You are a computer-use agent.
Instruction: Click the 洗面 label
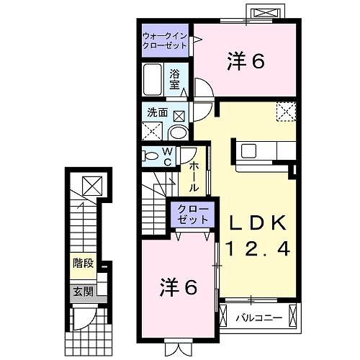(157, 112)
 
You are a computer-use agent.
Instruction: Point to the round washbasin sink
(177, 132)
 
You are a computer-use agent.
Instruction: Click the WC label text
(167, 156)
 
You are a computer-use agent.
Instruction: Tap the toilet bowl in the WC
(150, 156)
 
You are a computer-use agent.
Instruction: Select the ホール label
(194, 176)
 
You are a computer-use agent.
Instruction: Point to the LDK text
(258, 222)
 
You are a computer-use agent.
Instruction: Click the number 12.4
(258, 249)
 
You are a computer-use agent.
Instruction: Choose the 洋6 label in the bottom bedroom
(177, 286)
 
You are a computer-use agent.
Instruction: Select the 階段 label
(83, 263)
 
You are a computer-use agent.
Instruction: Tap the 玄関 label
(83, 292)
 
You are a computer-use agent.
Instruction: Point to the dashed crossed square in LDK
(287, 111)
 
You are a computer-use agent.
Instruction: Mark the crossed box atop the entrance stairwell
(92, 185)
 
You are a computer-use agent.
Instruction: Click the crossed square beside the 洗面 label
(179, 114)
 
